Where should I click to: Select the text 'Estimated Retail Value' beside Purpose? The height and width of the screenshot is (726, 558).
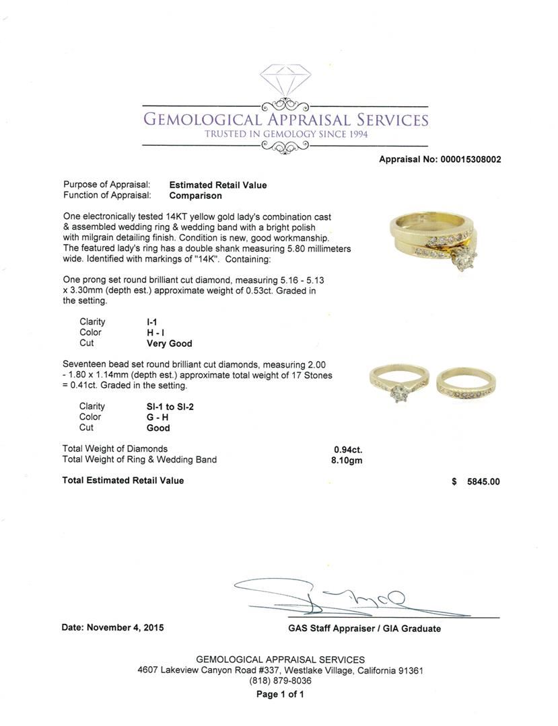217,185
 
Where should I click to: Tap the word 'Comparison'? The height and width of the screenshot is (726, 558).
195,196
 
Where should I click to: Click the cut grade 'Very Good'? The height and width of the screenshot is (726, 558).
169,344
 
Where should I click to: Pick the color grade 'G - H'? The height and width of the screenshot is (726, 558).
158,417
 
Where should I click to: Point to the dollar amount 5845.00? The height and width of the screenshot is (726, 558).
483,481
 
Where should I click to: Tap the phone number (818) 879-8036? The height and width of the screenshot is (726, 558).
280,681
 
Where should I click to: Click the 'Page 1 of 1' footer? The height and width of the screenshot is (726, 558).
280,694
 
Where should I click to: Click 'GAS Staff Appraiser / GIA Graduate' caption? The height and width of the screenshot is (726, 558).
360,629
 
